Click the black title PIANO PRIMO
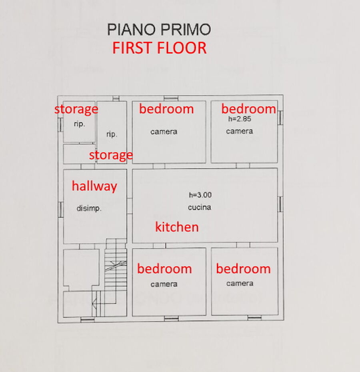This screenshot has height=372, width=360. pyautogui.click(x=159, y=30)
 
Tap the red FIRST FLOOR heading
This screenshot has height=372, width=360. pyautogui.click(x=159, y=48)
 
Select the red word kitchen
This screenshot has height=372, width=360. pyautogui.click(x=177, y=227)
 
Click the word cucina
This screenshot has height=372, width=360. pyautogui.click(x=199, y=207)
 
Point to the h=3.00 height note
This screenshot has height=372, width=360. pyautogui.click(x=200, y=195)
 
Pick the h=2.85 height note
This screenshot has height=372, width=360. pyautogui.click(x=240, y=119)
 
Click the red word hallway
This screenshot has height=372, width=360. pyautogui.click(x=94, y=186)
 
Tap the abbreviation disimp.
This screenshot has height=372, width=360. pyautogui.click(x=89, y=208)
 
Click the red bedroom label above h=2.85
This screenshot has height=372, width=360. pyautogui.click(x=248, y=109)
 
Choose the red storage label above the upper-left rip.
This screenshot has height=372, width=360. pyautogui.click(x=76, y=109)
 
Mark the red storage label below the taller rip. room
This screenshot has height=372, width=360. pyautogui.click(x=111, y=155)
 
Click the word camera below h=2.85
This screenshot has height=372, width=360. pyautogui.click(x=239, y=131)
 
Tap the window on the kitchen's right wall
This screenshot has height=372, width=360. pyautogui.click(x=280, y=204)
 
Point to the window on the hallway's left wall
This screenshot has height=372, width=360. pyautogui.click(x=61, y=209)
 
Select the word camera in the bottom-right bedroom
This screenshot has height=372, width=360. pyautogui.click(x=240, y=284)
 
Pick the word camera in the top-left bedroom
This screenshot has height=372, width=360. pyautogui.click(x=164, y=132)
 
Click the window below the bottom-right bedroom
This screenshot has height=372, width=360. pyautogui.click(x=254, y=318)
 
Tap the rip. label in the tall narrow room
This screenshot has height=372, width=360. pyautogui.click(x=112, y=134)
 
